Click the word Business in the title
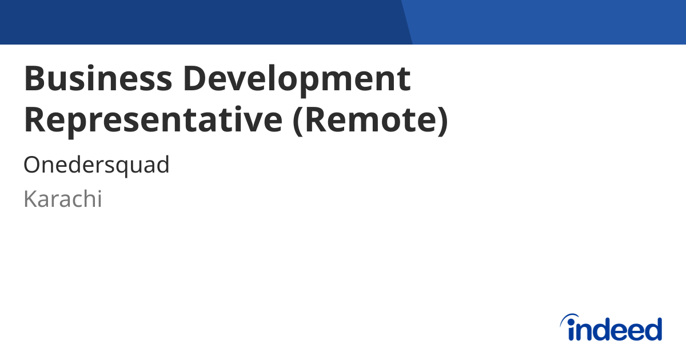97,79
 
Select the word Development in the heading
297,79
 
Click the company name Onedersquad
97,166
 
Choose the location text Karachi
63,199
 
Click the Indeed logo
611,328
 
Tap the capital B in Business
34,79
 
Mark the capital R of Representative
35,120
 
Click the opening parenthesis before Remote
298,121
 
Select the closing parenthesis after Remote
441,121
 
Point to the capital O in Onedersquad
31,166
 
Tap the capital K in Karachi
30,199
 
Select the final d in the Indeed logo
652,329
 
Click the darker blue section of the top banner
200,22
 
